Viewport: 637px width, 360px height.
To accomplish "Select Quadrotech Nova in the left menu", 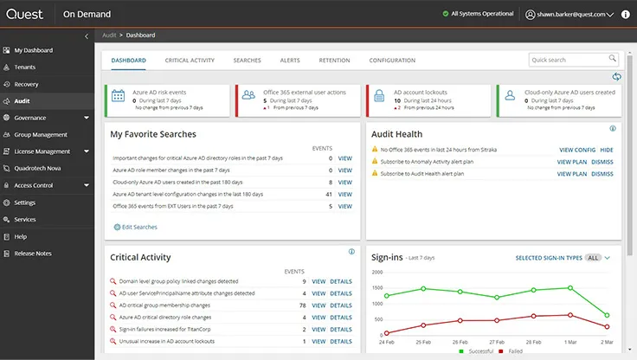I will click(x=38, y=168).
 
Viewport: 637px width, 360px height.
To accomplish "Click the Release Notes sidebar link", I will click(x=33, y=253).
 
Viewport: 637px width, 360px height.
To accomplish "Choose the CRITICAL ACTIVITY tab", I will click(x=190, y=61).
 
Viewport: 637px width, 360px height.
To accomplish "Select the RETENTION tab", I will click(x=334, y=61).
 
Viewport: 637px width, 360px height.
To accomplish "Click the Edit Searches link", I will click(x=138, y=227).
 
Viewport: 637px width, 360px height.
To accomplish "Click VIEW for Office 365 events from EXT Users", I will click(x=344, y=206).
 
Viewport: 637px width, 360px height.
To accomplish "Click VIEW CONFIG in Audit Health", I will click(x=576, y=150).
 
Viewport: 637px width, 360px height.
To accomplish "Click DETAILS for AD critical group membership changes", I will click(x=340, y=305).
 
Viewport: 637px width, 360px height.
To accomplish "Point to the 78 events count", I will click(x=302, y=305).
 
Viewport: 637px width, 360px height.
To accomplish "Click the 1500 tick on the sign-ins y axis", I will click(x=376, y=288).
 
